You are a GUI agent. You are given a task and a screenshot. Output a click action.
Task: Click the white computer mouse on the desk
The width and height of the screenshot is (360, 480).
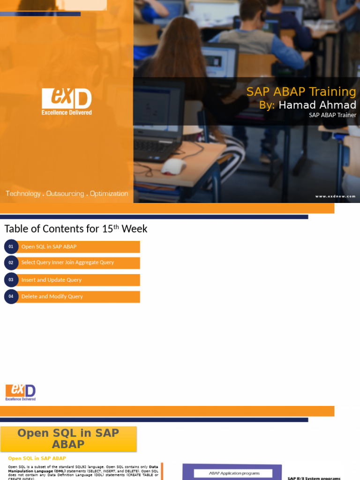click(x=173, y=166)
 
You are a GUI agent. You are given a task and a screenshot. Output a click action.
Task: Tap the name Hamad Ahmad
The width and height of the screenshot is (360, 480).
click(x=317, y=105)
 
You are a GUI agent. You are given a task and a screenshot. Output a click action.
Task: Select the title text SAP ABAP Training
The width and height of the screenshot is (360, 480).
click(x=301, y=91)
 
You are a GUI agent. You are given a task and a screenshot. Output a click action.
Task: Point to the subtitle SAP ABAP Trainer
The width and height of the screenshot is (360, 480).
click(x=332, y=115)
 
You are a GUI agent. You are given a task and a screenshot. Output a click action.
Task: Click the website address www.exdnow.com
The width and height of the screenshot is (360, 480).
click(x=335, y=196)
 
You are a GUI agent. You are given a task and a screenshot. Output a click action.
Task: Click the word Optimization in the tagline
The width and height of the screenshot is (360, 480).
click(x=109, y=194)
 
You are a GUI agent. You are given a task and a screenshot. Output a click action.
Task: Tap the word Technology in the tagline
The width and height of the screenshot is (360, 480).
click(x=23, y=194)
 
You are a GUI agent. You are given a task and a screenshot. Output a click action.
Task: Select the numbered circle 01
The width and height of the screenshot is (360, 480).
click(x=11, y=247)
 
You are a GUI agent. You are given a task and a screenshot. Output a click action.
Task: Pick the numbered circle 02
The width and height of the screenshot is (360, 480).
click(x=11, y=262)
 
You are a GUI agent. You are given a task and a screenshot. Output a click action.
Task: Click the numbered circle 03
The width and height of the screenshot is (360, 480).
click(x=11, y=280)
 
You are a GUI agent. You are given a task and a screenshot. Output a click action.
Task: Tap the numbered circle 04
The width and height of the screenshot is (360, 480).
click(x=11, y=296)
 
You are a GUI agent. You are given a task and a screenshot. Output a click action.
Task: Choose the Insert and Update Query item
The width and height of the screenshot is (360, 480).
click(x=52, y=280)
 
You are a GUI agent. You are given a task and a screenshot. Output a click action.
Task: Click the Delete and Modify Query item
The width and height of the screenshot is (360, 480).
click(x=52, y=296)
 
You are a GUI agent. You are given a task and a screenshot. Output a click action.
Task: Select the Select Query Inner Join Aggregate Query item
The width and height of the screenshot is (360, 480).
click(x=67, y=262)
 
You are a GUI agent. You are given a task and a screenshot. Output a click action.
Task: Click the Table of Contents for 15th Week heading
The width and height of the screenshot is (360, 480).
click(x=76, y=229)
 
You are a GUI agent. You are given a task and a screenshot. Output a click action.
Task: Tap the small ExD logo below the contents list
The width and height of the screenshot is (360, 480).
click(x=21, y=392)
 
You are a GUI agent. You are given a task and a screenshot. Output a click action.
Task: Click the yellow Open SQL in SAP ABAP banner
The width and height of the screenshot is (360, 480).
click(x=68, y=439)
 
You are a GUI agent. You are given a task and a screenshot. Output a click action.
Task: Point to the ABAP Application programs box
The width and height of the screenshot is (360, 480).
click(x=234, y=473)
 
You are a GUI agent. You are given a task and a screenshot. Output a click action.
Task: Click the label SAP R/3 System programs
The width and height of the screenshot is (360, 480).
click(x=314, y=478)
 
